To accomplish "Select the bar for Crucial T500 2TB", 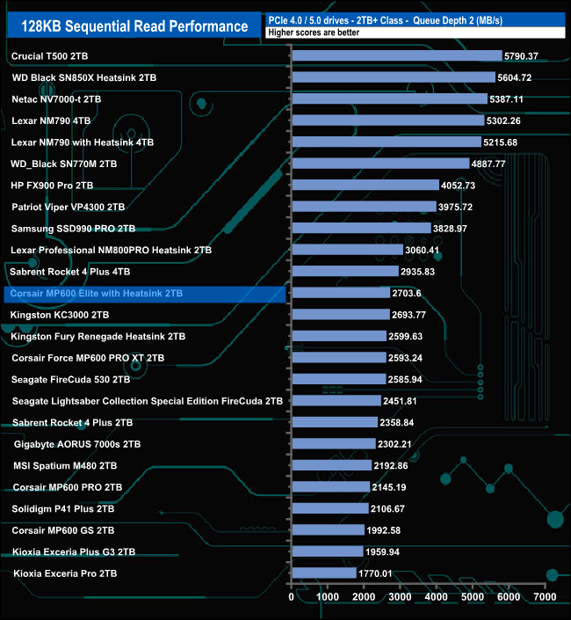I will coord(396,56).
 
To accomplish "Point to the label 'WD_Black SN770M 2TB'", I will coord(63,164).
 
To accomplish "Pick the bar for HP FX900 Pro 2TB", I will coord(365,186).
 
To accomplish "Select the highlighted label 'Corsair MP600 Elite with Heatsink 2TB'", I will coord(97,293).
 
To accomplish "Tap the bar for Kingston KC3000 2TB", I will coord(340,315).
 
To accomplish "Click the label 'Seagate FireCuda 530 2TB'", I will coord(71,379).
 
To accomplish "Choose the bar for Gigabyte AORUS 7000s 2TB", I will coord(333,444).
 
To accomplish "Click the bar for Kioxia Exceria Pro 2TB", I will coord(323,573).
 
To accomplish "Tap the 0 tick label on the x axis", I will coord(292,597).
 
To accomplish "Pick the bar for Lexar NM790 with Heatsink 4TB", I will coord(386,142).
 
